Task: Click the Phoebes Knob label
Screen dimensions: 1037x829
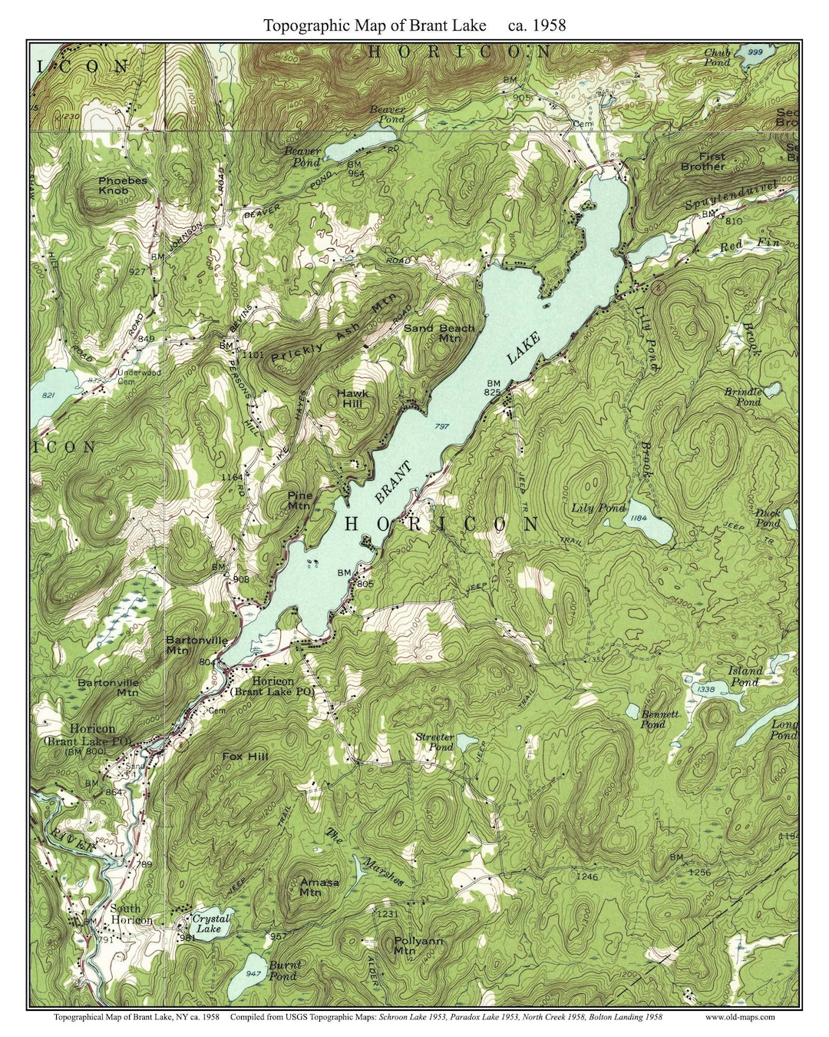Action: click(x=122, y=185)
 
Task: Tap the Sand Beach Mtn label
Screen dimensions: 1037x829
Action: click(x=439, y=333)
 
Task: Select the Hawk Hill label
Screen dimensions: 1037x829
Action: click(x=352, y=398)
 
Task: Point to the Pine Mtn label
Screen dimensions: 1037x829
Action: click(x=299, y=500)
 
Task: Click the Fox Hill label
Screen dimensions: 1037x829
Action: click(x=245, y=756)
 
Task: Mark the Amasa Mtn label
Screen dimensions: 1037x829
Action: click(x=319, y=886)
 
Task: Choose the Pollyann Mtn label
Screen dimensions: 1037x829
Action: click(x=418, y=945)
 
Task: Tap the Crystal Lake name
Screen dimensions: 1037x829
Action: click(x=210, y=923)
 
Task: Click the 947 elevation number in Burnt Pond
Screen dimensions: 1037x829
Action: click(x=253, y=972)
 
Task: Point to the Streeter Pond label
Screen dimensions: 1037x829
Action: click(x=434, y=741)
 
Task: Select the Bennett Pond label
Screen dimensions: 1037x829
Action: click(x=659, y=718)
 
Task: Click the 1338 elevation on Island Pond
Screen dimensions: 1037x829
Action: click(x=704, y=689)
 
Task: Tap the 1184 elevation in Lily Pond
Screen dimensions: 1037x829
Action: click(x=639, y=518)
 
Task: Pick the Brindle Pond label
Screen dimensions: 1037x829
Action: click(x=743, y=396)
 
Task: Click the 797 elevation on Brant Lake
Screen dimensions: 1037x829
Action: click(x=441, y=426)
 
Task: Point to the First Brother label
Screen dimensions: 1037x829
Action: click(x=702, y=161)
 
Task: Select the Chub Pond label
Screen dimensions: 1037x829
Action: click(x=717, y=57)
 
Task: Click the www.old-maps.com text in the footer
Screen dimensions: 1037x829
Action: click(x=739, y=1016)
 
